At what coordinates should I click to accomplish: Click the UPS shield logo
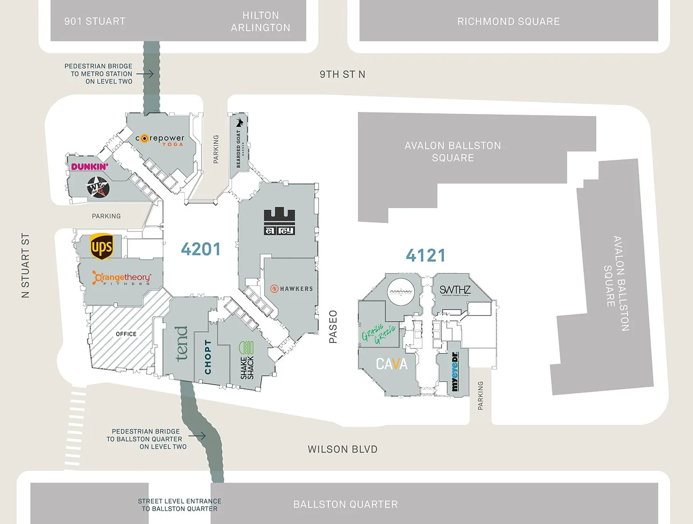[x=102, y=246]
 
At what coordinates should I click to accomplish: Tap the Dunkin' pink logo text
[x=90, y=167]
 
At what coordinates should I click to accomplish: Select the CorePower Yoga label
[x=160, y=139]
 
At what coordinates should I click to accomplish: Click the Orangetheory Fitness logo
[x=122, y=278]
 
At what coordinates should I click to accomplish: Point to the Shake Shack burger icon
[x=246, y=348]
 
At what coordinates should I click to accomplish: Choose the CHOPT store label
[x=208, y=357]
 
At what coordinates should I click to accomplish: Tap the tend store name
[x=181, y=344]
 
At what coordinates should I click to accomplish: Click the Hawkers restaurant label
[x=292, y=289]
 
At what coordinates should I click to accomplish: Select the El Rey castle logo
[x=279, y=221]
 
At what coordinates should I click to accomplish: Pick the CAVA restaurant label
[x=392, y=364]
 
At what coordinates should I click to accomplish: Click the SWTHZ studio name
[x=455, y=290]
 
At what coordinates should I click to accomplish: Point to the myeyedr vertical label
[x=455, y=372]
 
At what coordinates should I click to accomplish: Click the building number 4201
[x=201, y=249]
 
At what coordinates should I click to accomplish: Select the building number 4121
[x=425, y=255]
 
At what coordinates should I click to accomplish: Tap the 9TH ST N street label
[x=342, y=75]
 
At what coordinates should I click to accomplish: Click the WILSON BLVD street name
[x=342, y=449]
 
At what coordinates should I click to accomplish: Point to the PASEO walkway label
[x=333, y=327]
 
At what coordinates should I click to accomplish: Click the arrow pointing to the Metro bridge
[x=145, y=74]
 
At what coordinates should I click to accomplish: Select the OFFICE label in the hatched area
[x=126, y=334]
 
